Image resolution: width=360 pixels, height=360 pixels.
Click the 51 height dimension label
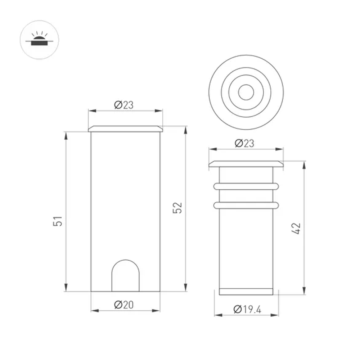point(58,221)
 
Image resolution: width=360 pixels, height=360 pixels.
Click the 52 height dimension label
point(178,208)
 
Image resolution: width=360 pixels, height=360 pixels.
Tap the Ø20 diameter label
point(124,305)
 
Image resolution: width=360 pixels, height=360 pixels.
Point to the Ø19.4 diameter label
point(247,309)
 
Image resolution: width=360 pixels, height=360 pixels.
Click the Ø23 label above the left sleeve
point(124,105)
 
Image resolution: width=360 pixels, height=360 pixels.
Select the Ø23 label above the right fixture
point(244,143)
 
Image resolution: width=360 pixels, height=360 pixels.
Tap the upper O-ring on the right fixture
point(246,186)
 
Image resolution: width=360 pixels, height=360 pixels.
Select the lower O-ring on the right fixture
point(246,206)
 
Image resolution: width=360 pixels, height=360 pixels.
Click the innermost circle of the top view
point(246,91)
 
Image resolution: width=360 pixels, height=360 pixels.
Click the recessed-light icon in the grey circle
point(39,40)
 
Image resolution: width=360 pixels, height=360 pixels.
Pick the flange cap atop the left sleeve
point(125,129)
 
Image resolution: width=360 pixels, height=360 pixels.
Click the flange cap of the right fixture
point(246,164)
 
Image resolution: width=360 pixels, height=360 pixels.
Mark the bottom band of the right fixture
point(246,292)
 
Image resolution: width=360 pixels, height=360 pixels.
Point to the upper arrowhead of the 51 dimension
point(66,134)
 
